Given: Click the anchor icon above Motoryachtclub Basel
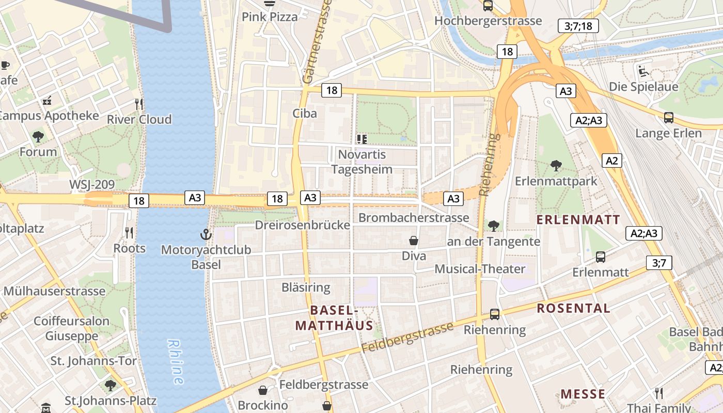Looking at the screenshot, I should pyautogui.click(x=206, y=235).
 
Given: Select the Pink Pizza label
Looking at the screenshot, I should pyautogui.click(x=270, y=17).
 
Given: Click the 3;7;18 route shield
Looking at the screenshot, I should pyautogui.click(x=578, y=26).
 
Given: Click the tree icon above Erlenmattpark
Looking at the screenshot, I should pyautogui.click(x=556, y=166).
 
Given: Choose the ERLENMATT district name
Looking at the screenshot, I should pyautogui.click(x=578, y=219).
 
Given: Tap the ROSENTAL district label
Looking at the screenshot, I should pyautogui.click(x=574, y=308).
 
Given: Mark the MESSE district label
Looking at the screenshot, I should pyautogui.click(x=583, y=394).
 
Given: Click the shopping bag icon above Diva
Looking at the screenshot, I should pyautogui.click(x=414, y=241).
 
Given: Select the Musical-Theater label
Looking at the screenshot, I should pyautogui.click(x=480, y=269).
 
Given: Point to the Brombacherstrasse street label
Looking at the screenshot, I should pyautogui.click(x=414, y=218).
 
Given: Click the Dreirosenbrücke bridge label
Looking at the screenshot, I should pyautogui.click(x=303, y=225).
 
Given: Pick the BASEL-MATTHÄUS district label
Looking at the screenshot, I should pyautogui.click(x=334, y=318).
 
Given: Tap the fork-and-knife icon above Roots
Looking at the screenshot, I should pyautogui.click(x=129, y=233).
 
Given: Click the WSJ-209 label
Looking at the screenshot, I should pyautogui.click(x=92, y=185).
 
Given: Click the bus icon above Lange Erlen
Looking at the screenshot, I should pyautogui.click(x=669, y=118).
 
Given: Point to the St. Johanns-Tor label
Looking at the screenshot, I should pyautogui.click(x=93, y=360).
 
